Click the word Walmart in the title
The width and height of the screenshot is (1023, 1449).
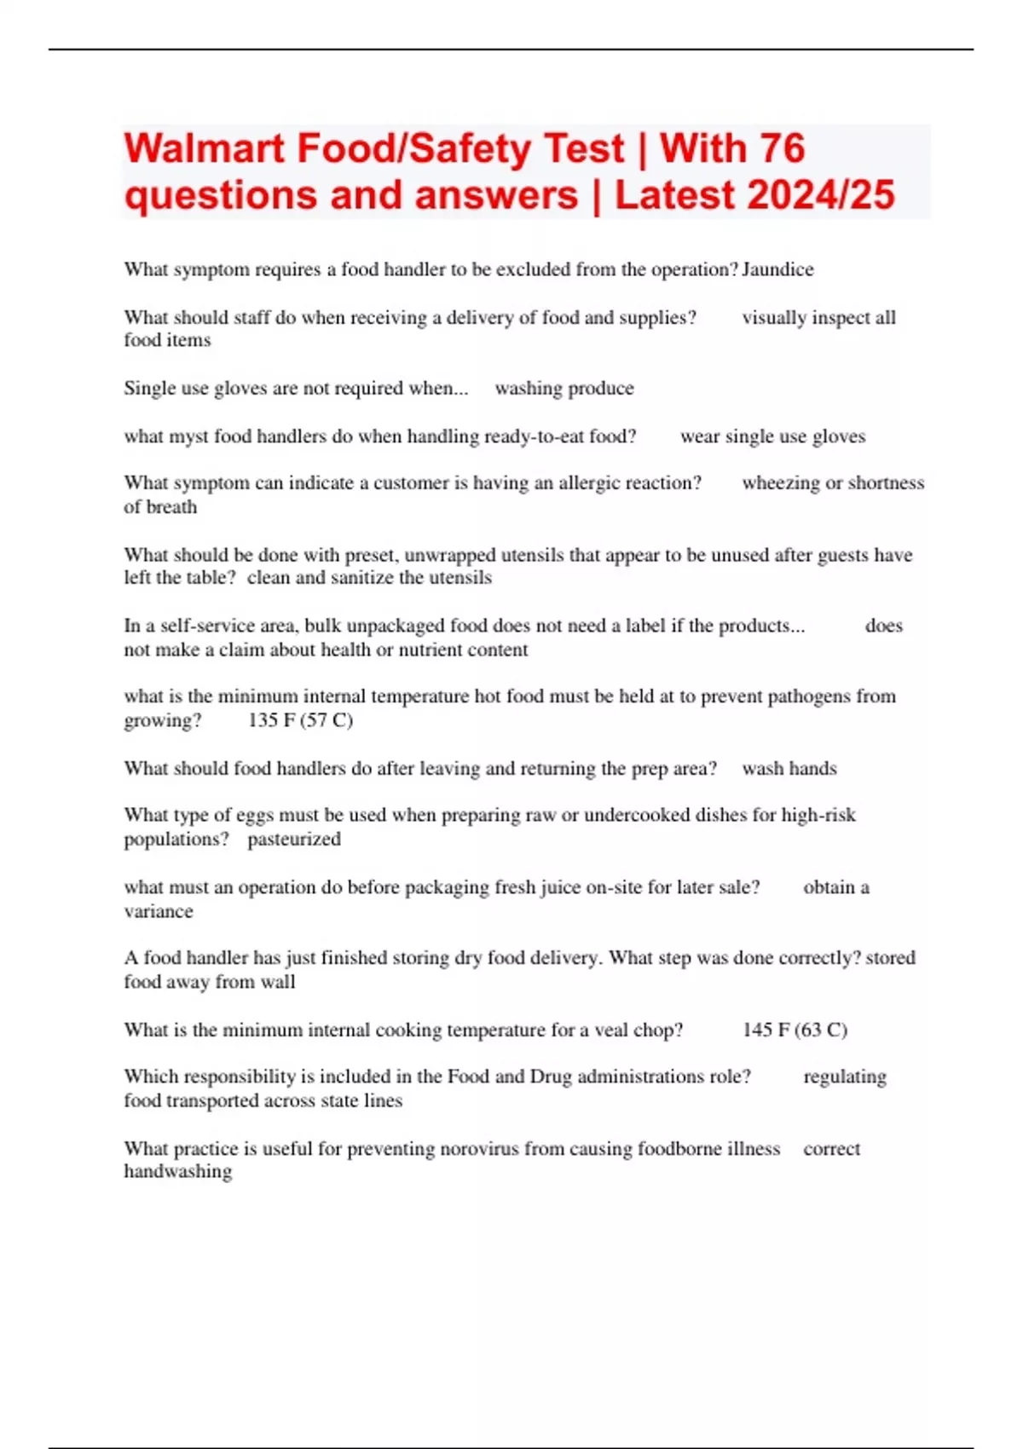[x=204, y=149]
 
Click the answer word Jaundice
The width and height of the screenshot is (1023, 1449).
[x=777, y=269]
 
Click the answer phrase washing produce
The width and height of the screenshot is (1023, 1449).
[x=564, y=389]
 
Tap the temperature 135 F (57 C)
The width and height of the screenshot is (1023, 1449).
[x=300, y=720]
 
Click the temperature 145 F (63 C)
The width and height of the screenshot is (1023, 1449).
[x=794, y=1030]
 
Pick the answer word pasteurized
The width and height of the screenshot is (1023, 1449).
[x=294, y=840]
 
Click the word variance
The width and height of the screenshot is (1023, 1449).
[x=159, y=911]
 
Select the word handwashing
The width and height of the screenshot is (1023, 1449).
[x=177, y=1172]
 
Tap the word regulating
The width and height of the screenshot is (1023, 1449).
[x=844, y=1077]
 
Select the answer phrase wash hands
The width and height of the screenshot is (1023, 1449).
[x=789, y=769]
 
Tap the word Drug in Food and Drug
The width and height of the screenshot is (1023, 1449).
[x=551, y=1077]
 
